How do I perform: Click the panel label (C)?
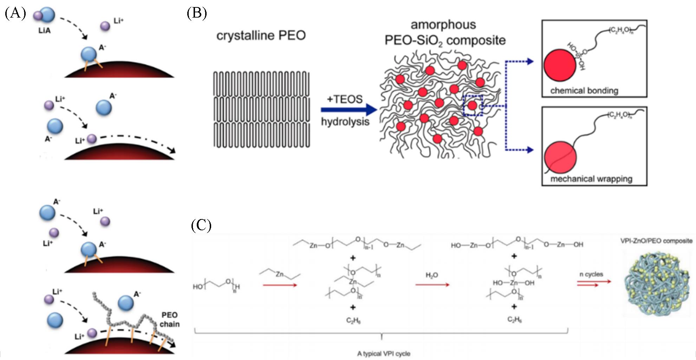(x=201, y=225)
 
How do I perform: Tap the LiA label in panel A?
(x=45, y=31)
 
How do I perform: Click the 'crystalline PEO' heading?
(x=261, y=36)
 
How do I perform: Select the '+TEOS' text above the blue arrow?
(x=344, y=99)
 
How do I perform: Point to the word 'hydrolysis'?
(x=345, y=122)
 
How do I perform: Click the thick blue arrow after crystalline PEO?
(x=348, y=110)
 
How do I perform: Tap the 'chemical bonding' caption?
(x=584, y=90)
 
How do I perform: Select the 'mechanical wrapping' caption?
(x=591, y=179)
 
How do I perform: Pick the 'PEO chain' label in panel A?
(x=169, y=319)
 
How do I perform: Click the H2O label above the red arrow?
(x=432, y=275)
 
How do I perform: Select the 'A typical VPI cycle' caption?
(x=384, y=353)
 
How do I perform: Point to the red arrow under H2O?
(x=432, y=285)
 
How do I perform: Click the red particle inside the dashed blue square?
(x=473, y=105)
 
